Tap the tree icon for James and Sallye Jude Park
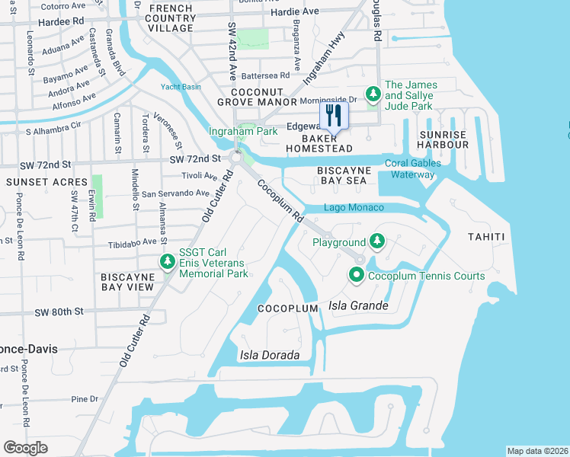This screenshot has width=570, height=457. (x=373, y=94)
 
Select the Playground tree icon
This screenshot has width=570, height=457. (x=376, y=242)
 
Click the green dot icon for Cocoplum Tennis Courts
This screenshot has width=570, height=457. (x=357, y=276)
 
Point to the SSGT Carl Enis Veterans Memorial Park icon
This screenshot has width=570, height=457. (x=167, y=263)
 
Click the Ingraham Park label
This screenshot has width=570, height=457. (x=243, y=132)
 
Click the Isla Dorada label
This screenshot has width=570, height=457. (x=264, y=355)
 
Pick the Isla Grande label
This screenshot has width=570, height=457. (x=358, y=306)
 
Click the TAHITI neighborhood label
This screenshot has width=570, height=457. (x=486, y=237)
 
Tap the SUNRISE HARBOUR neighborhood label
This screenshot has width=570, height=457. (x=443, y=139)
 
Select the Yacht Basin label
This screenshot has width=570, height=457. (x=181, y=87)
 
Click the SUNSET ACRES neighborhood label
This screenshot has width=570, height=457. (x=37, y=183)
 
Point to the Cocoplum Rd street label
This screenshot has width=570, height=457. (x=280, y=200)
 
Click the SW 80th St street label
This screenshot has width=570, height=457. (x=58, y=312)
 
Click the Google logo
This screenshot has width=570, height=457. (x=25, y=448)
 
